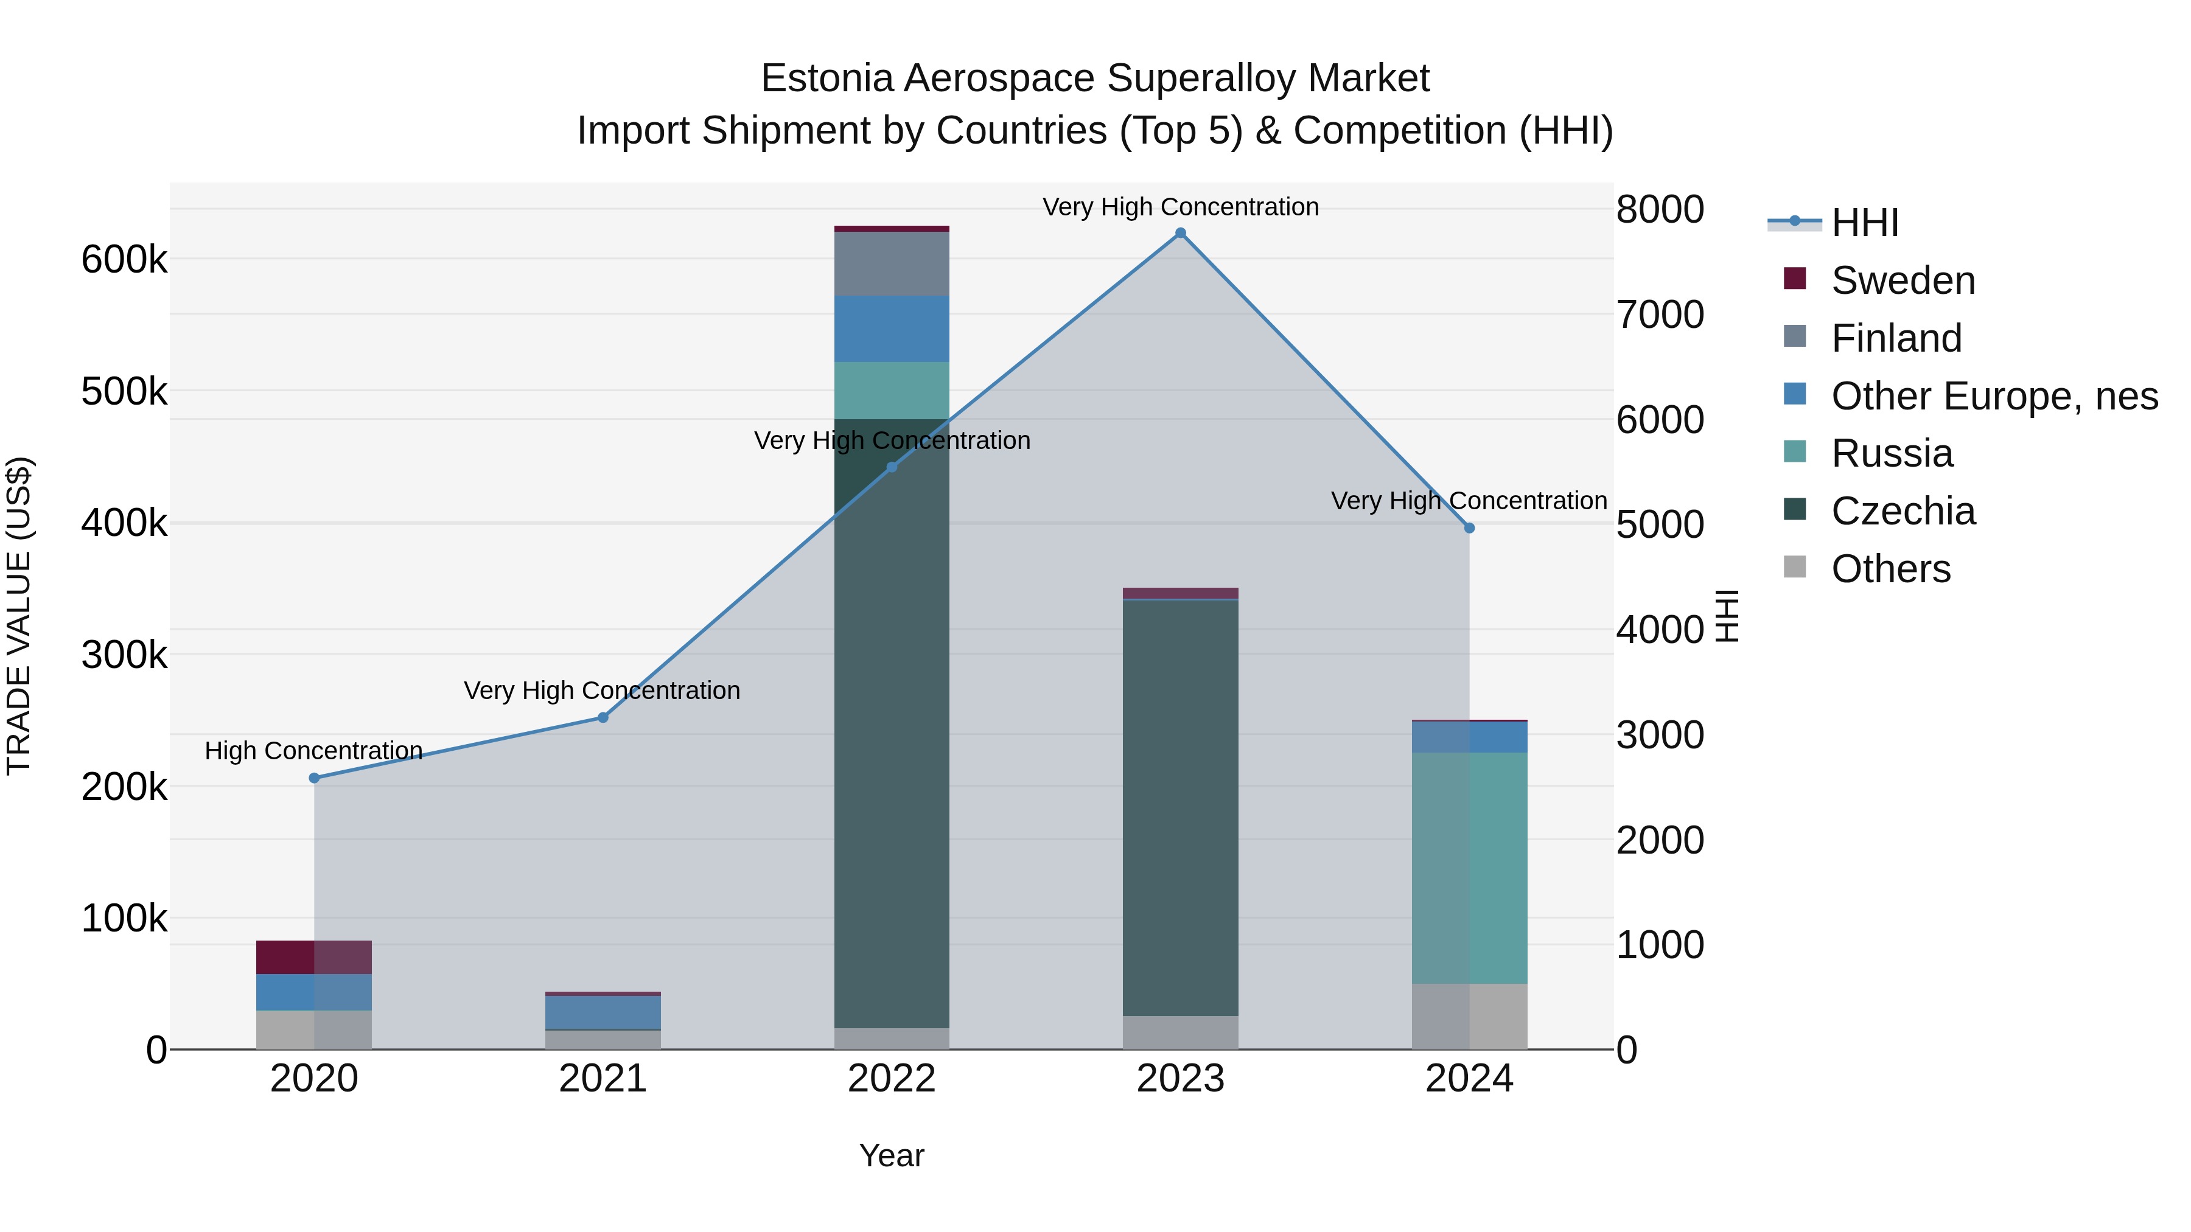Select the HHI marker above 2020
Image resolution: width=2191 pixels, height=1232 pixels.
[314, 778]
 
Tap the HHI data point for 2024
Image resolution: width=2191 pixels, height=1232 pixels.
[1469, 528]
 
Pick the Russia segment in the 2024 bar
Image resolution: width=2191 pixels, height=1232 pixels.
[1469, 867]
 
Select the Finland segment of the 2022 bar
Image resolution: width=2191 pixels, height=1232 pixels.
[892, 263]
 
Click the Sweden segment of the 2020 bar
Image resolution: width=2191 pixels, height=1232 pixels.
[314, 958]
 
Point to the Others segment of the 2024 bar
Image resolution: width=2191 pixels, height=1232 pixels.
[1469, 1016]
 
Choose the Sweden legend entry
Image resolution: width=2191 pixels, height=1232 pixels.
[1903, 280]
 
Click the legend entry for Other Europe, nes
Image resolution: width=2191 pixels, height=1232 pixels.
[1994, 396]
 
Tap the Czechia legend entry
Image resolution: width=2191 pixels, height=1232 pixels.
[1903, 511]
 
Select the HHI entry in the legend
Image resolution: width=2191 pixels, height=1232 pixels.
[1864, 223]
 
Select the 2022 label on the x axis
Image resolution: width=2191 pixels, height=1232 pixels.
[892, 1079]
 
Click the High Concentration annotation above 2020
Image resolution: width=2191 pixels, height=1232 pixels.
[314, 751]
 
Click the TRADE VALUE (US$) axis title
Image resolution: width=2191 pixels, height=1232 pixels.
[19, 616]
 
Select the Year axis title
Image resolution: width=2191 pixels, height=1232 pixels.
[892, 1155]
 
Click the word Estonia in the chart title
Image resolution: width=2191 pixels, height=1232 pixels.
[826, 78]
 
